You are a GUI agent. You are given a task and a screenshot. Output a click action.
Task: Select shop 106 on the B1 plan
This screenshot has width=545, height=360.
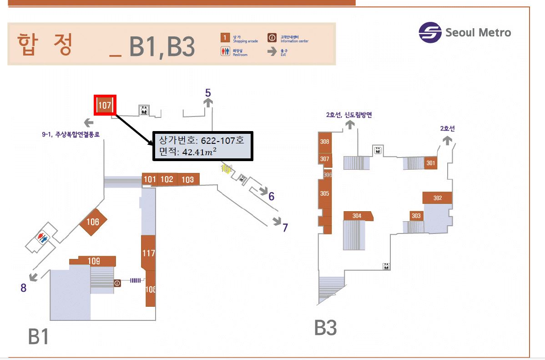[93, 222]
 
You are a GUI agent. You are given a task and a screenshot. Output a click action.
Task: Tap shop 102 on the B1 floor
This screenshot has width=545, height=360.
[167, 179]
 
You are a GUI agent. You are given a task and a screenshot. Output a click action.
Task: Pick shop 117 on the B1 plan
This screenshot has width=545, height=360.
[149, 253]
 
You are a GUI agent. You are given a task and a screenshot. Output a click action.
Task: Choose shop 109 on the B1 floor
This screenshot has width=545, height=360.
[94, 261]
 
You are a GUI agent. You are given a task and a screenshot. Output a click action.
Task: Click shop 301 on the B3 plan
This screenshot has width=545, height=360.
[431, 163]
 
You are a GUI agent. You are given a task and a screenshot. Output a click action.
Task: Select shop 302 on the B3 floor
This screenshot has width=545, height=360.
[437, 198]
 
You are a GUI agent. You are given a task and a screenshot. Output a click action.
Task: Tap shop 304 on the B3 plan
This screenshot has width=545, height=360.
[357, 216]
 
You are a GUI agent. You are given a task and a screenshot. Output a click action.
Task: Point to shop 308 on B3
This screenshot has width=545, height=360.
[324, 142]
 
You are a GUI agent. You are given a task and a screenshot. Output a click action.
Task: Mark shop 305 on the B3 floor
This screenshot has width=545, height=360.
[324, 193]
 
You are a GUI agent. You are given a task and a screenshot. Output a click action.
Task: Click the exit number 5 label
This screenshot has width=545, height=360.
[208, 93]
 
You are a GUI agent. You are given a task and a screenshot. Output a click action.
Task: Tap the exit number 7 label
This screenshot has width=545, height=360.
[285, 228]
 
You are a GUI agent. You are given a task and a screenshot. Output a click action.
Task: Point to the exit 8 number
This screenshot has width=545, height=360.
[23, 288]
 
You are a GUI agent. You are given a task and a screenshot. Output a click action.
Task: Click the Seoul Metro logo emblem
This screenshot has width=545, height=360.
[430, 33]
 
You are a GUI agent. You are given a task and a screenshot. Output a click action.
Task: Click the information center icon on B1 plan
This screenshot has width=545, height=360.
[117, 283]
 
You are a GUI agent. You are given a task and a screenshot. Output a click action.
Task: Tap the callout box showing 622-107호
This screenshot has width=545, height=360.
[202, 146]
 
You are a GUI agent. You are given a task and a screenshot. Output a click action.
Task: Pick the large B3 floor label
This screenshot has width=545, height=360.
[326, 328]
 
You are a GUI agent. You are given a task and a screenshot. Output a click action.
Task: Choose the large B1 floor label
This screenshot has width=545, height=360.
[38, 337]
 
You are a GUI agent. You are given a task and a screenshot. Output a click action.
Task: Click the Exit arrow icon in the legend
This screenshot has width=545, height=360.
[272, 51]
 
